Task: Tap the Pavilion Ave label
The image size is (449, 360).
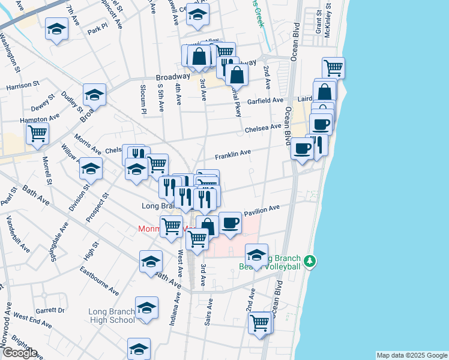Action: pyautogui.click(x=262, y=209)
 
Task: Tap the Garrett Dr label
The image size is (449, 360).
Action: pyautogui.click(x=50, y=311)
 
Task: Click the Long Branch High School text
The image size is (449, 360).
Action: pyautogui.click(x=112, y=316)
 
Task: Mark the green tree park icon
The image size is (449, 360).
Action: pyautogui.click(x=310, y=262)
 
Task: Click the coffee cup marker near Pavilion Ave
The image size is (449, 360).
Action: pyautogui.click(x=230, y=223)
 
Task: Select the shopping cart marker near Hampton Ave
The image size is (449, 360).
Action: pyautogui.click(x=37, y=133)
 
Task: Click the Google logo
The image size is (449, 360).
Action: pyautogui.click(x=19, y=353)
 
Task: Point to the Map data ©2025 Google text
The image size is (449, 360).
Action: pyautogui.click(x=411, y=355)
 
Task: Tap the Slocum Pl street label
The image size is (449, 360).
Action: pyautogui.click(x=143, y=100)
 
